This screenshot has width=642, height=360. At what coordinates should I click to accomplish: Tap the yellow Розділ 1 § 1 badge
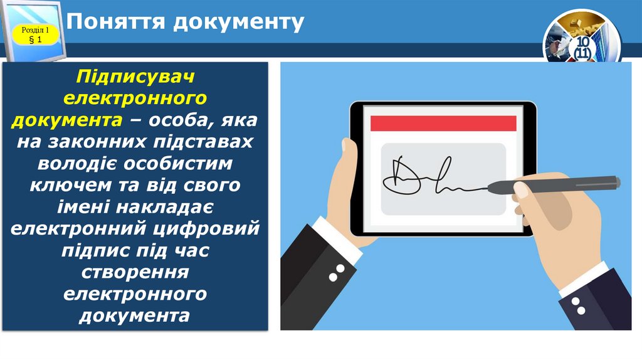(35, 35)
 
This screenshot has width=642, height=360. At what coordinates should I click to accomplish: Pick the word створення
(135, 272)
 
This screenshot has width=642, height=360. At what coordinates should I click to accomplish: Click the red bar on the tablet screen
(443, 123)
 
